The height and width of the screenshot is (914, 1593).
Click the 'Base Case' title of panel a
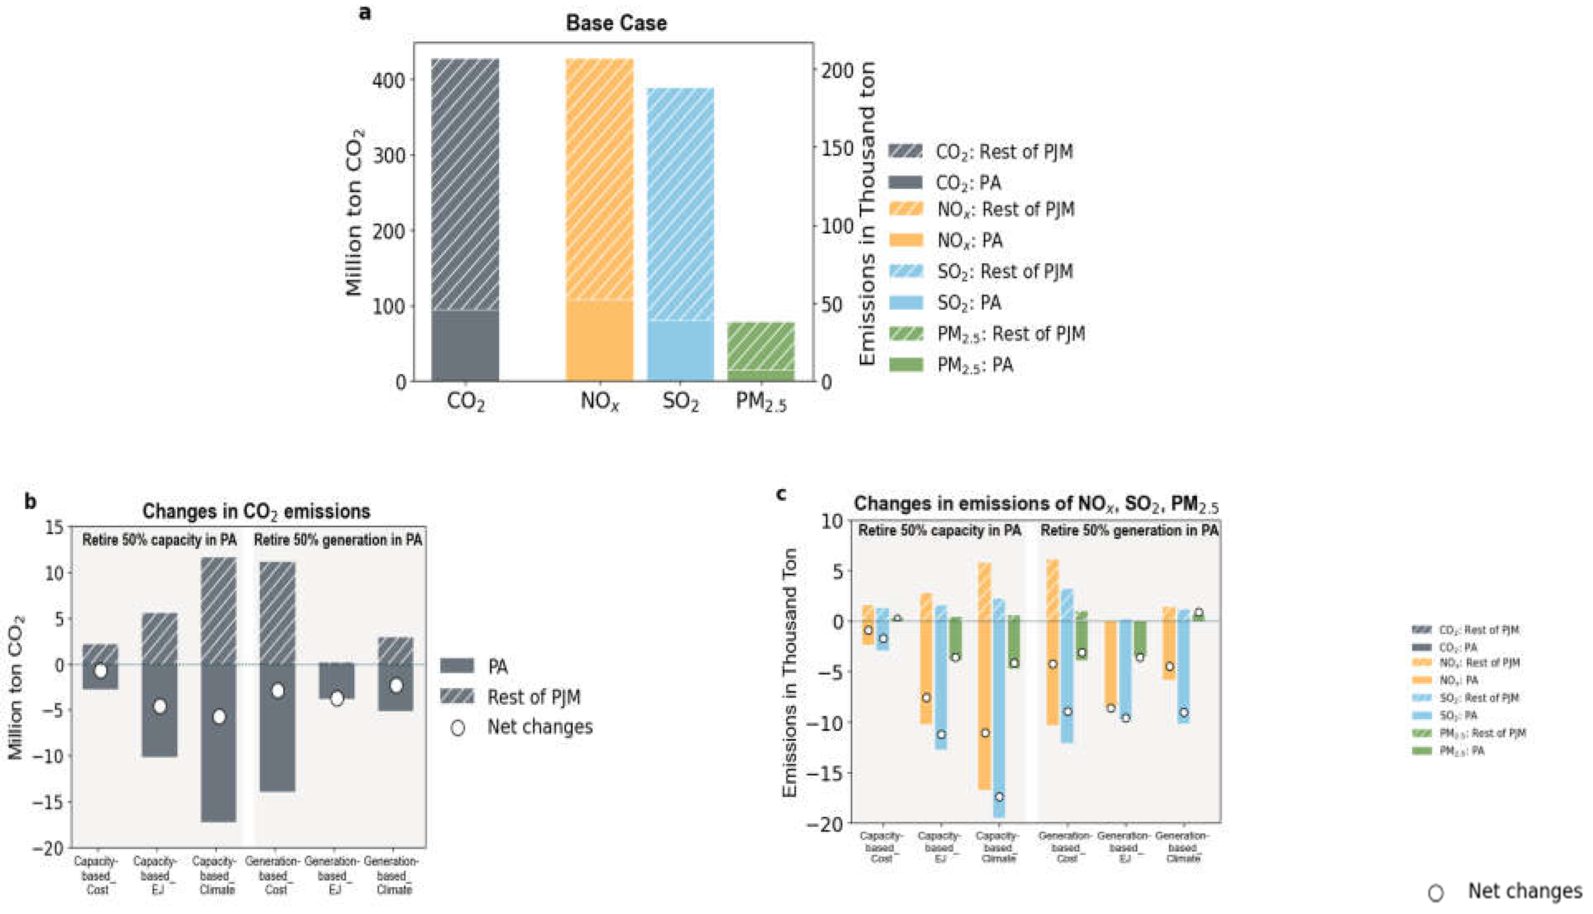[x=616, y=23]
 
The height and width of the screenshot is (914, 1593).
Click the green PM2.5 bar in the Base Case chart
[x=761, y=352]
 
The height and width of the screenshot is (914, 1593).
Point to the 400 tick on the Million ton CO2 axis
[x=389, y=80]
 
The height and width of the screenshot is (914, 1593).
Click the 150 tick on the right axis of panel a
[x=837, y=149]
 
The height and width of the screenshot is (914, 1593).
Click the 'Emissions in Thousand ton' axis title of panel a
[x=867, y=213]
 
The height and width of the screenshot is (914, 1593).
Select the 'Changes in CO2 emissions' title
[x=256, y=512]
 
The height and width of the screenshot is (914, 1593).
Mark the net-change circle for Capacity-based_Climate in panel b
[x=218, y=717]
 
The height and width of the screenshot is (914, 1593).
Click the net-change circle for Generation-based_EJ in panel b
[x=337, y=699]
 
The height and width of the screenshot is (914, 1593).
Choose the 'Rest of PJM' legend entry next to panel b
[x=533, y=697]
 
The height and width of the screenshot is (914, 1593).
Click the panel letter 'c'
[x=782, y=495]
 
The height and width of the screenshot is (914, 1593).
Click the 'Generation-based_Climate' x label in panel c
[x=1182, y=847]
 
